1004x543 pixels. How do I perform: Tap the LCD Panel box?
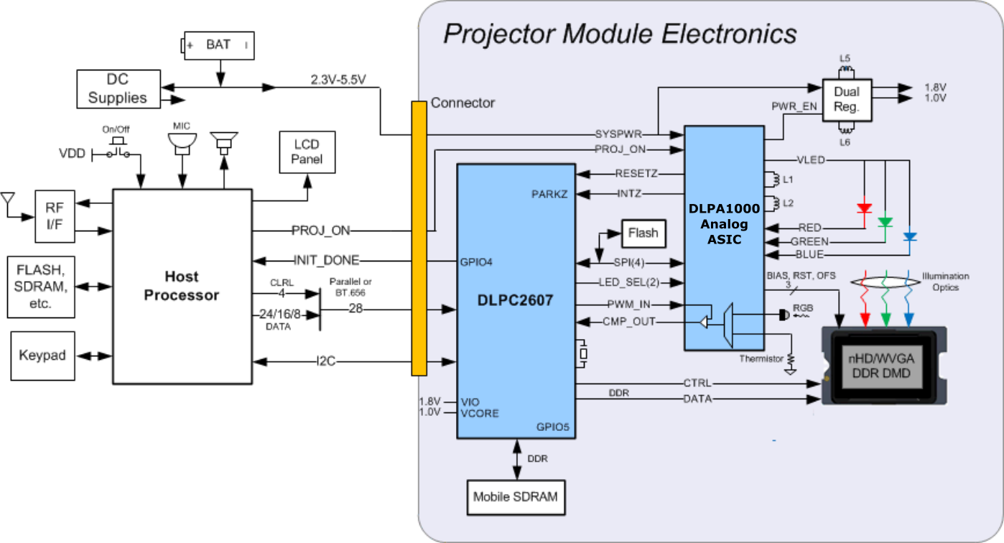point(307,152)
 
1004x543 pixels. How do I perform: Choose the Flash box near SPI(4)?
point(643,233)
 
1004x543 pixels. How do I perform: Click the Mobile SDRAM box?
point(515,496)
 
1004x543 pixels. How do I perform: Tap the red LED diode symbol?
point(864,209)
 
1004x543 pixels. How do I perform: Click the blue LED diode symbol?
point(909,236)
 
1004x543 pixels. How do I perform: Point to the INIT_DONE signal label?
point(326,260)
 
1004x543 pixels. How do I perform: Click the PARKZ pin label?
point(550,194)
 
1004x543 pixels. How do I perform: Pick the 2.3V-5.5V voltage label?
point(338,80)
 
